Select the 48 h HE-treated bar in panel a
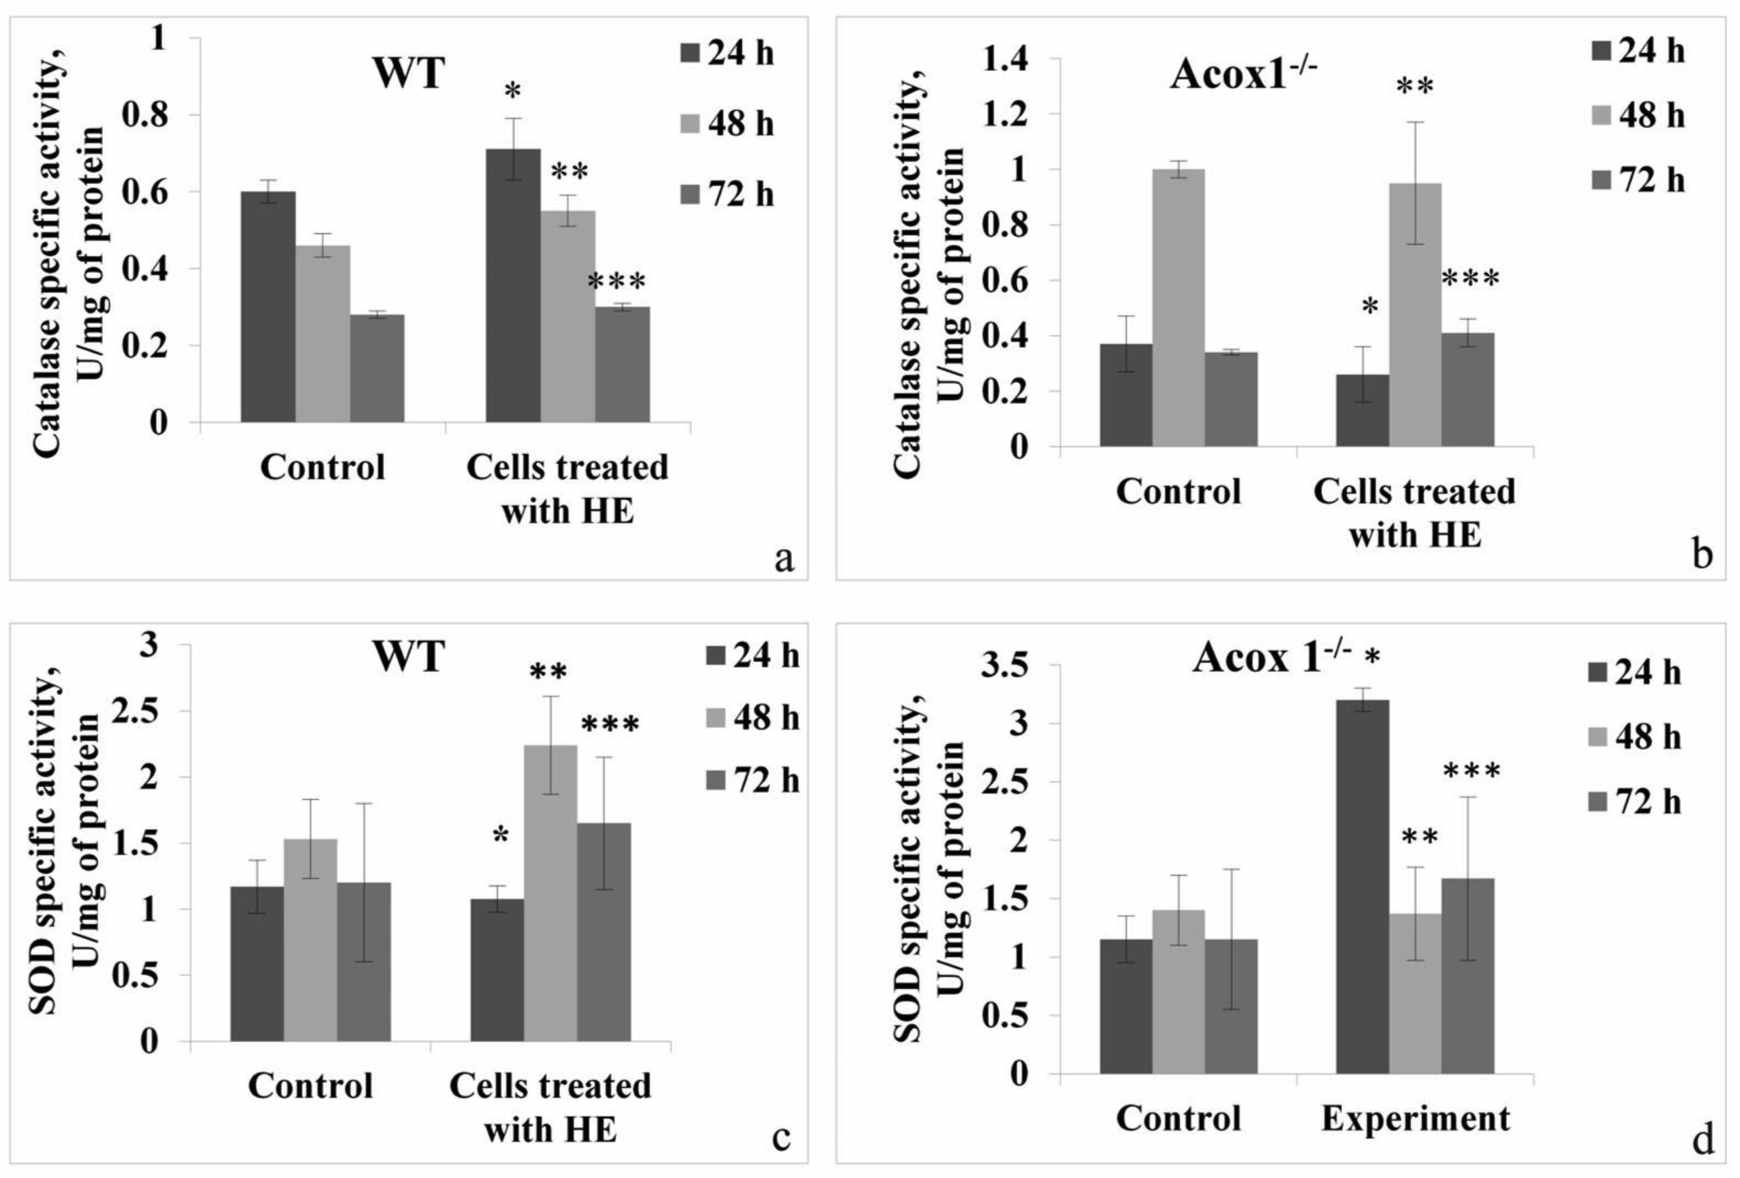coord(568,316)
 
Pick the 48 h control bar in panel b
coord(1178,308)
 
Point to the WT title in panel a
coord(408,73)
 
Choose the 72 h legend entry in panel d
coord(1634,802)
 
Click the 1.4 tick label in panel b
coord(1011,58)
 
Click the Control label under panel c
coord(310,1086)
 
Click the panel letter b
coord(1702,556)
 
